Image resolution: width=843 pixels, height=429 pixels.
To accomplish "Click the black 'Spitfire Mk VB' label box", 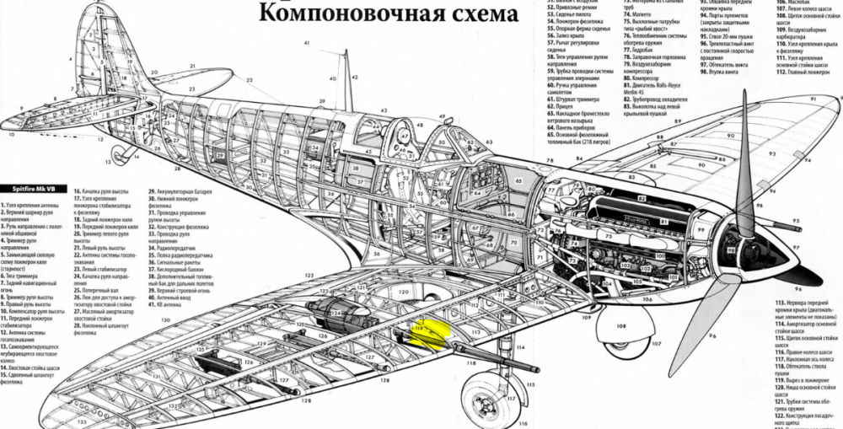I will [31, 190].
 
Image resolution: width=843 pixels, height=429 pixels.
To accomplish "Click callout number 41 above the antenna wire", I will [307, 42].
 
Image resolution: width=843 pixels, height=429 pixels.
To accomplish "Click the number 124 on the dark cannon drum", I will [335, 313].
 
